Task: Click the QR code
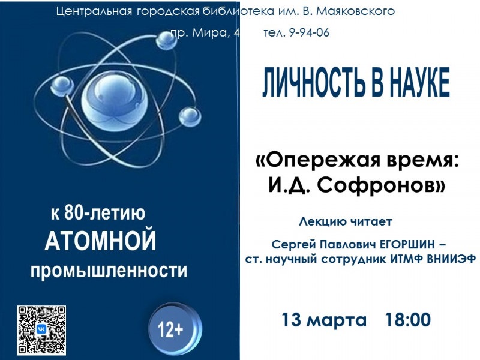click(41, 330)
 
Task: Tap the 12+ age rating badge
click(175, 329)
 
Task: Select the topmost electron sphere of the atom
click(167, 40)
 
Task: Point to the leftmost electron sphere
click(62, 85)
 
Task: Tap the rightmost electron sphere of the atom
click(190, 116)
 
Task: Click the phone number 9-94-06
click(309, 32)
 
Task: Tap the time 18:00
click(408, 320)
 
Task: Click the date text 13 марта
click(323, 320)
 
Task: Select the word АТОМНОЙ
click(100, 241)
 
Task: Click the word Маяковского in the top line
click(355, 11)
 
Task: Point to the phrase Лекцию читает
click(346, 221)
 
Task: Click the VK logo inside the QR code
click(41, 329)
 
